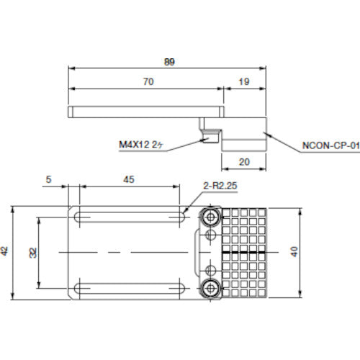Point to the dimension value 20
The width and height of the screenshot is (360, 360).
click(x=244, y=162)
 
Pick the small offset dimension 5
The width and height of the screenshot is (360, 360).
click(x=50, y=181)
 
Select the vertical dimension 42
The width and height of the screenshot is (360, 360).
click(x=6, y=252)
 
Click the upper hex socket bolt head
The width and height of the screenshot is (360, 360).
click(x=210, y=217)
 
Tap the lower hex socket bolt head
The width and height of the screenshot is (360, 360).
click(x=210, y=289)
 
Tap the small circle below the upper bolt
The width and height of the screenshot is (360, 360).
click(x=210, y=234)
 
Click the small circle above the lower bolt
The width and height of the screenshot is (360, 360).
click(x=210, y=271)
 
